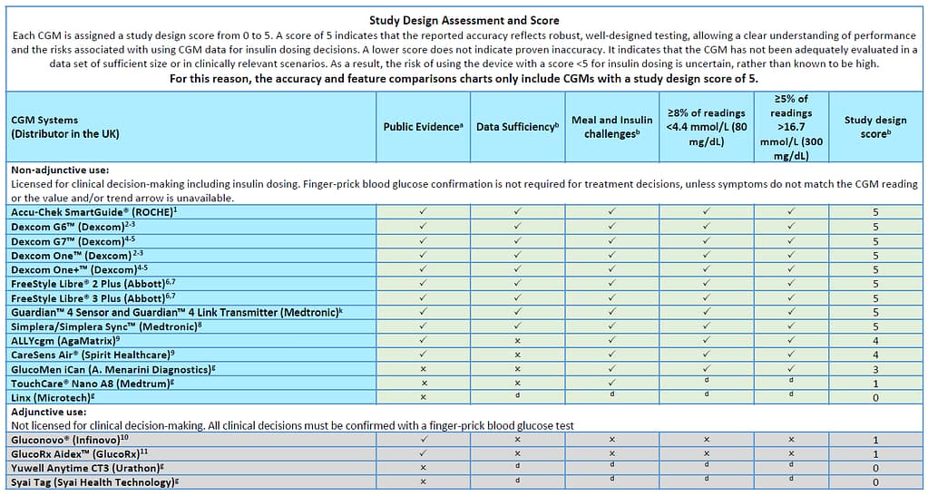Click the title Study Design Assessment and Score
(464, 20)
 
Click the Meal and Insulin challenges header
(611, 127)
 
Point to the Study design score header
(875, 127)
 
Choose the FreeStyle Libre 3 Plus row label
(93, 297)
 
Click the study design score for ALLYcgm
(875, 341)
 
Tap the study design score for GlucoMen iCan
(875, 370)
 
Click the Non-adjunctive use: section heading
(60, 170)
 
